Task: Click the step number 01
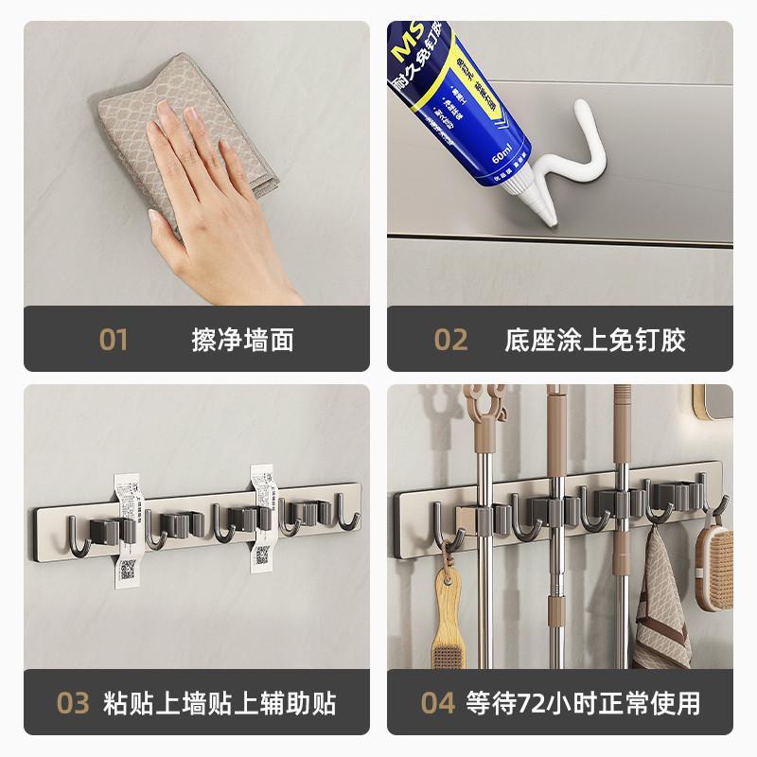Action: point(114,340)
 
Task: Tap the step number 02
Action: point(450,340)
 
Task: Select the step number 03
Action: point(73,703)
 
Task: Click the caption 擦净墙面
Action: point(243,340)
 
